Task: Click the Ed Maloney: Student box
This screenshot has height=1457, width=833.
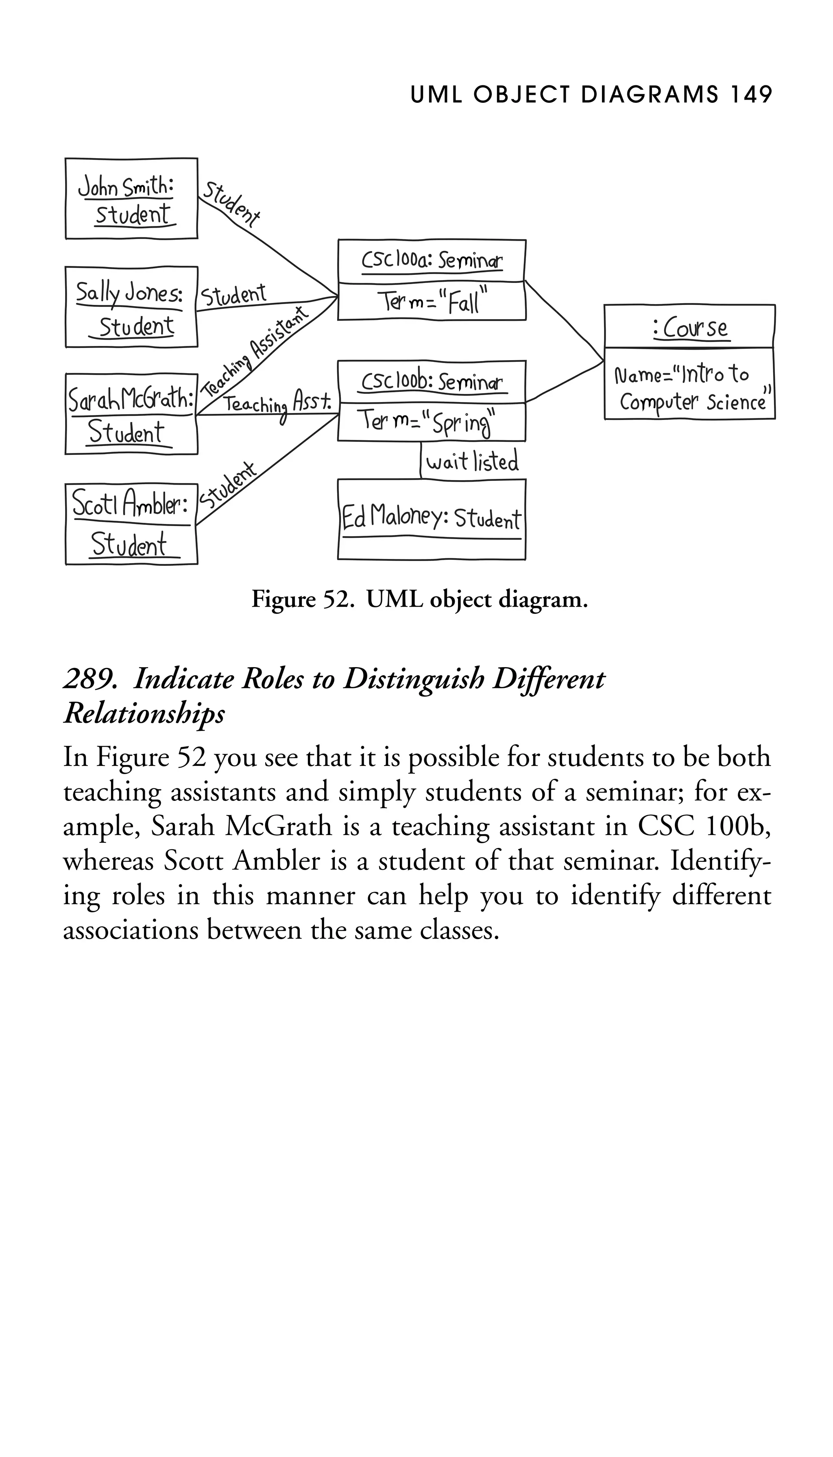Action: pyautogui.click(x=432, y=519)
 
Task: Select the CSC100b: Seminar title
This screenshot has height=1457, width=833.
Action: pyautogui.click(x=432, y=381)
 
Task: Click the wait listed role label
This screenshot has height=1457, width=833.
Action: pyautogui.click(x=472, y=461)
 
